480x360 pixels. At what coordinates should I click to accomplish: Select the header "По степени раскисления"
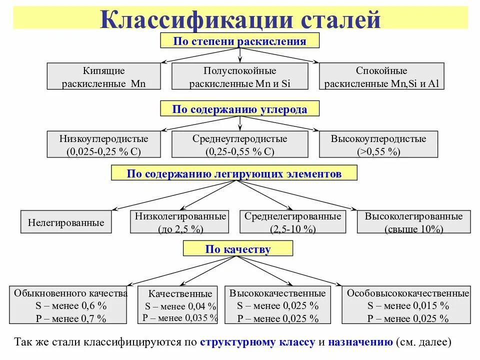pos(239,41)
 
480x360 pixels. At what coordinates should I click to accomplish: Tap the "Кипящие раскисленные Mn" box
pos(104,76)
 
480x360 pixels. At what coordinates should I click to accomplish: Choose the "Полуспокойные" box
pos(240,76)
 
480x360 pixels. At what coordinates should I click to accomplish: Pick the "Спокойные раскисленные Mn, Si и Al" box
pos(381,76)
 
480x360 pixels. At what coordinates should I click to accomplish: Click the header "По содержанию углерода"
pos(239,109)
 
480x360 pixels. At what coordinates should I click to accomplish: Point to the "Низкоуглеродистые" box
pos(104,145)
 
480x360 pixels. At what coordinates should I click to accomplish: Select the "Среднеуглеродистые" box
pos(240,145)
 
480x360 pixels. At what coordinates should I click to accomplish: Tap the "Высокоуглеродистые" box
pos(378,145)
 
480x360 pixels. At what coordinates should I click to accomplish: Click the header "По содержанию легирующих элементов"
pos(234,173)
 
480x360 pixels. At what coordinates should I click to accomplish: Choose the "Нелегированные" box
pos(66,222)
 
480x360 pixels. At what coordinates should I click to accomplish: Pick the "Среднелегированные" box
pos(292,222)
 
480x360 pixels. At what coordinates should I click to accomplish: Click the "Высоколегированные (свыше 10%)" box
pos(413,222)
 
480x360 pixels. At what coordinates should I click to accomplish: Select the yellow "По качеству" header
pos(238,249)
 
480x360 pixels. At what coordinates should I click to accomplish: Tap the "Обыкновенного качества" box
pos(68,305)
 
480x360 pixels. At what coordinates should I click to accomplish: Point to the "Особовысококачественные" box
pos(408,305)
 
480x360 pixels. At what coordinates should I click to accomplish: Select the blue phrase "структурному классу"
pos(257,342)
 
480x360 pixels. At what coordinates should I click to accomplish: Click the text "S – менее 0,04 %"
pos(180,306)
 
